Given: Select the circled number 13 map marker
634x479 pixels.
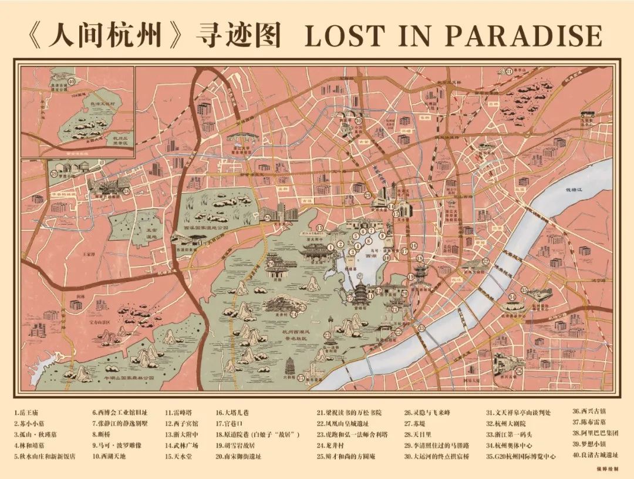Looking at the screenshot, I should pos(320,227).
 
